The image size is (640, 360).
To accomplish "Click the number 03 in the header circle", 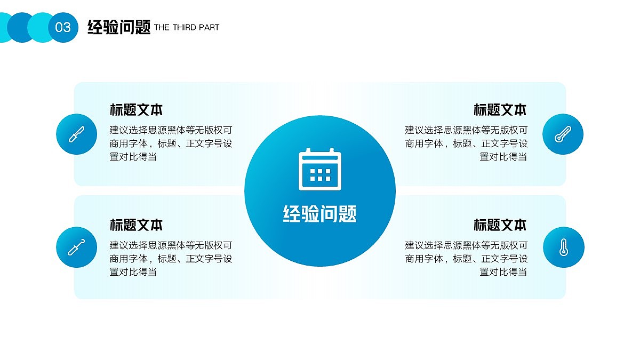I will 63,27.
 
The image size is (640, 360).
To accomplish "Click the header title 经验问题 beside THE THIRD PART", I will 119,27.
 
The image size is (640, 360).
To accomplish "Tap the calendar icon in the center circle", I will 319,169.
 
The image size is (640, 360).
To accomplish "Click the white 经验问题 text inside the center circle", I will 319,214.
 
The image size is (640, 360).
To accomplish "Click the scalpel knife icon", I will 76,134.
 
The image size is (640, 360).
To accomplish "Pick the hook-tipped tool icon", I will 76,247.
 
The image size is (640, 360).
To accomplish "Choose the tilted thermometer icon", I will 563,134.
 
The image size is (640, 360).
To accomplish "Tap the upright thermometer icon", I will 563,247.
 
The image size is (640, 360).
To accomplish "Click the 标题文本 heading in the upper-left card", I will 136,110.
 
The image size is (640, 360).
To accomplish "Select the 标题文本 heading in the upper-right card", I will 500,110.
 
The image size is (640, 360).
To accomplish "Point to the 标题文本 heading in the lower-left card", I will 136,225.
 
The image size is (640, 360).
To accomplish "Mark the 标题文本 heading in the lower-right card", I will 500,225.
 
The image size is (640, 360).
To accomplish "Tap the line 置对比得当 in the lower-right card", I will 503,272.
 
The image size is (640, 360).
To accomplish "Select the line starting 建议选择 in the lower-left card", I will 171,245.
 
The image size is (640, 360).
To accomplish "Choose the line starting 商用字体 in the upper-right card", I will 466,143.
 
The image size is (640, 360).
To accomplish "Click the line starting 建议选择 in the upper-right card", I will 466,130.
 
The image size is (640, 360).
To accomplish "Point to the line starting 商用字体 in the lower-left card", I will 171,259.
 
